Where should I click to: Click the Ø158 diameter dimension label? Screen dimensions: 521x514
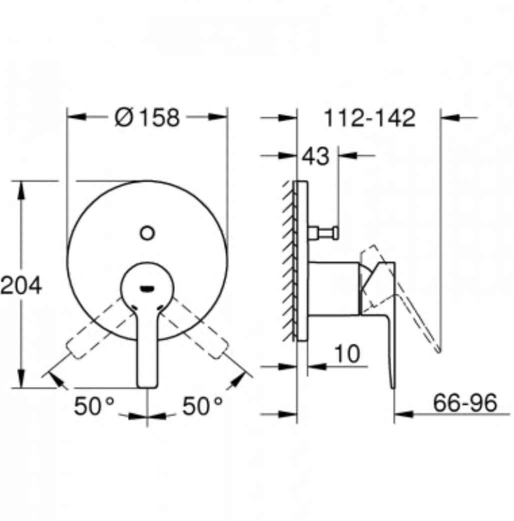point(147,118)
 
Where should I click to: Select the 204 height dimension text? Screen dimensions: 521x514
point(21,286)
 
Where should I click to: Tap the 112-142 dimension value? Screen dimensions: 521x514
point(370,118)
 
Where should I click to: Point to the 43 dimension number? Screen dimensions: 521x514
point(316,157)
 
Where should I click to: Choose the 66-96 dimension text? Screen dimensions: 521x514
point(465,403)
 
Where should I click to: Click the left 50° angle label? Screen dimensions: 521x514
point(94,406)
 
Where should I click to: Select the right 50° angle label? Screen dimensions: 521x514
point(202,406)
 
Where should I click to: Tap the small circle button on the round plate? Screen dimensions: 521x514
point(147,233)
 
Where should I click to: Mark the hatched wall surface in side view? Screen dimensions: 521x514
point(288,260)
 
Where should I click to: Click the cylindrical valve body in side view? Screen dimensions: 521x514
point(333,289)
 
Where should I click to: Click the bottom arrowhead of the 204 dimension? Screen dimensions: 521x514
point(21,379)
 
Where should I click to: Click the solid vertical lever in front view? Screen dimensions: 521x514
point(147,350)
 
